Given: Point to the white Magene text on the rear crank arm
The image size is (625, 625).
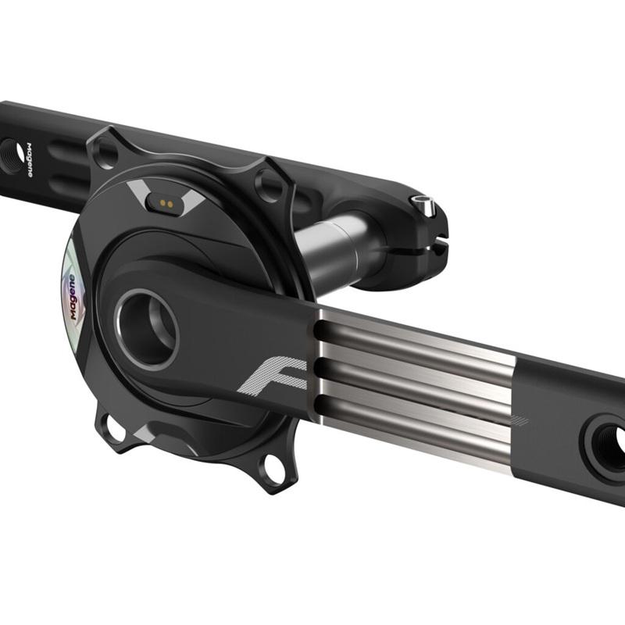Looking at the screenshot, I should coord(30,159).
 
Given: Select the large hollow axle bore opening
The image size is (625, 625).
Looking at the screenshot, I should coord(147,328).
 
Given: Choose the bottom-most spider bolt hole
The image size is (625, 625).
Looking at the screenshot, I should coord(273,468).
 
